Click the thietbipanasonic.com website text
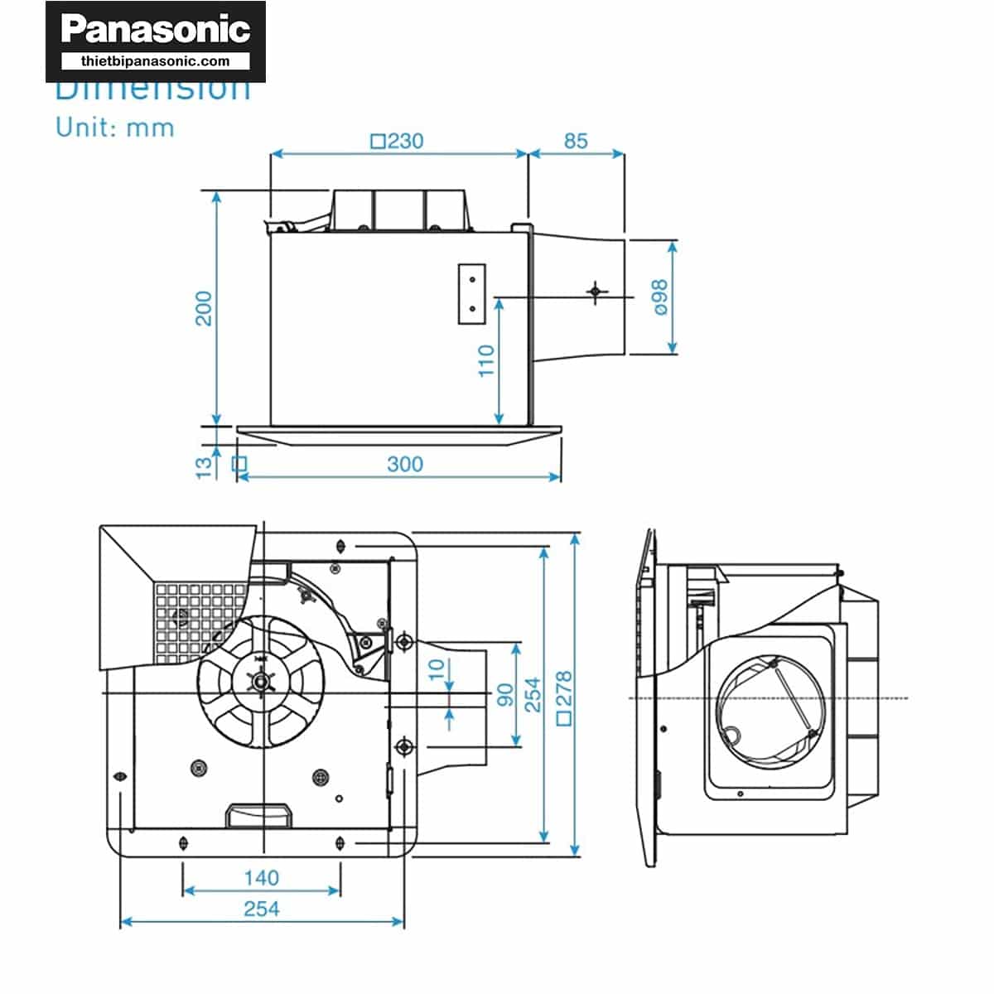point(156,61)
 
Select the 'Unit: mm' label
point(115,128)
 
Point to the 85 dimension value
point(576,141)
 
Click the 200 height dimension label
point(204,308)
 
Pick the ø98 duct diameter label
point(659,297)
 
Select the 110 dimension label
point(486,360)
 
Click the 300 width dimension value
point(404,464)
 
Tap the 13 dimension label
point(204,467)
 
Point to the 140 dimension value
point(261,877)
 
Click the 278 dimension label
point(564,697)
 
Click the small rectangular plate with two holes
point(471,294)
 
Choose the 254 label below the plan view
point(261,909)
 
